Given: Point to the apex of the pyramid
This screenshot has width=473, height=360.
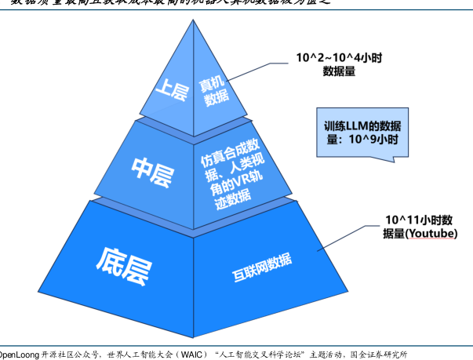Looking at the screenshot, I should [194, 21].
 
